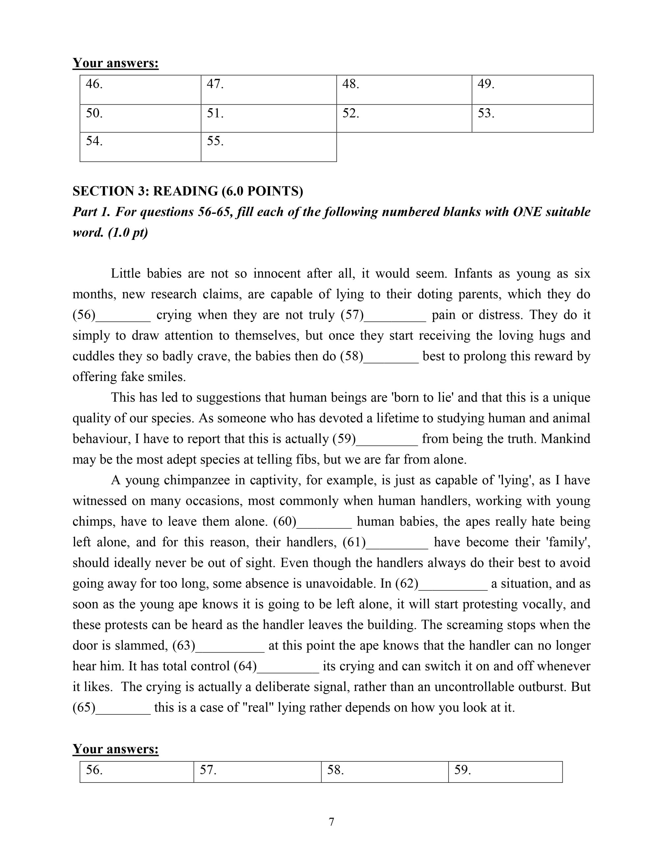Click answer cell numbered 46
point(140,90)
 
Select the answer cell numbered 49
point(532,90)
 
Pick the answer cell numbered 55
point(268,147)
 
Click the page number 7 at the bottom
point(331,822)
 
